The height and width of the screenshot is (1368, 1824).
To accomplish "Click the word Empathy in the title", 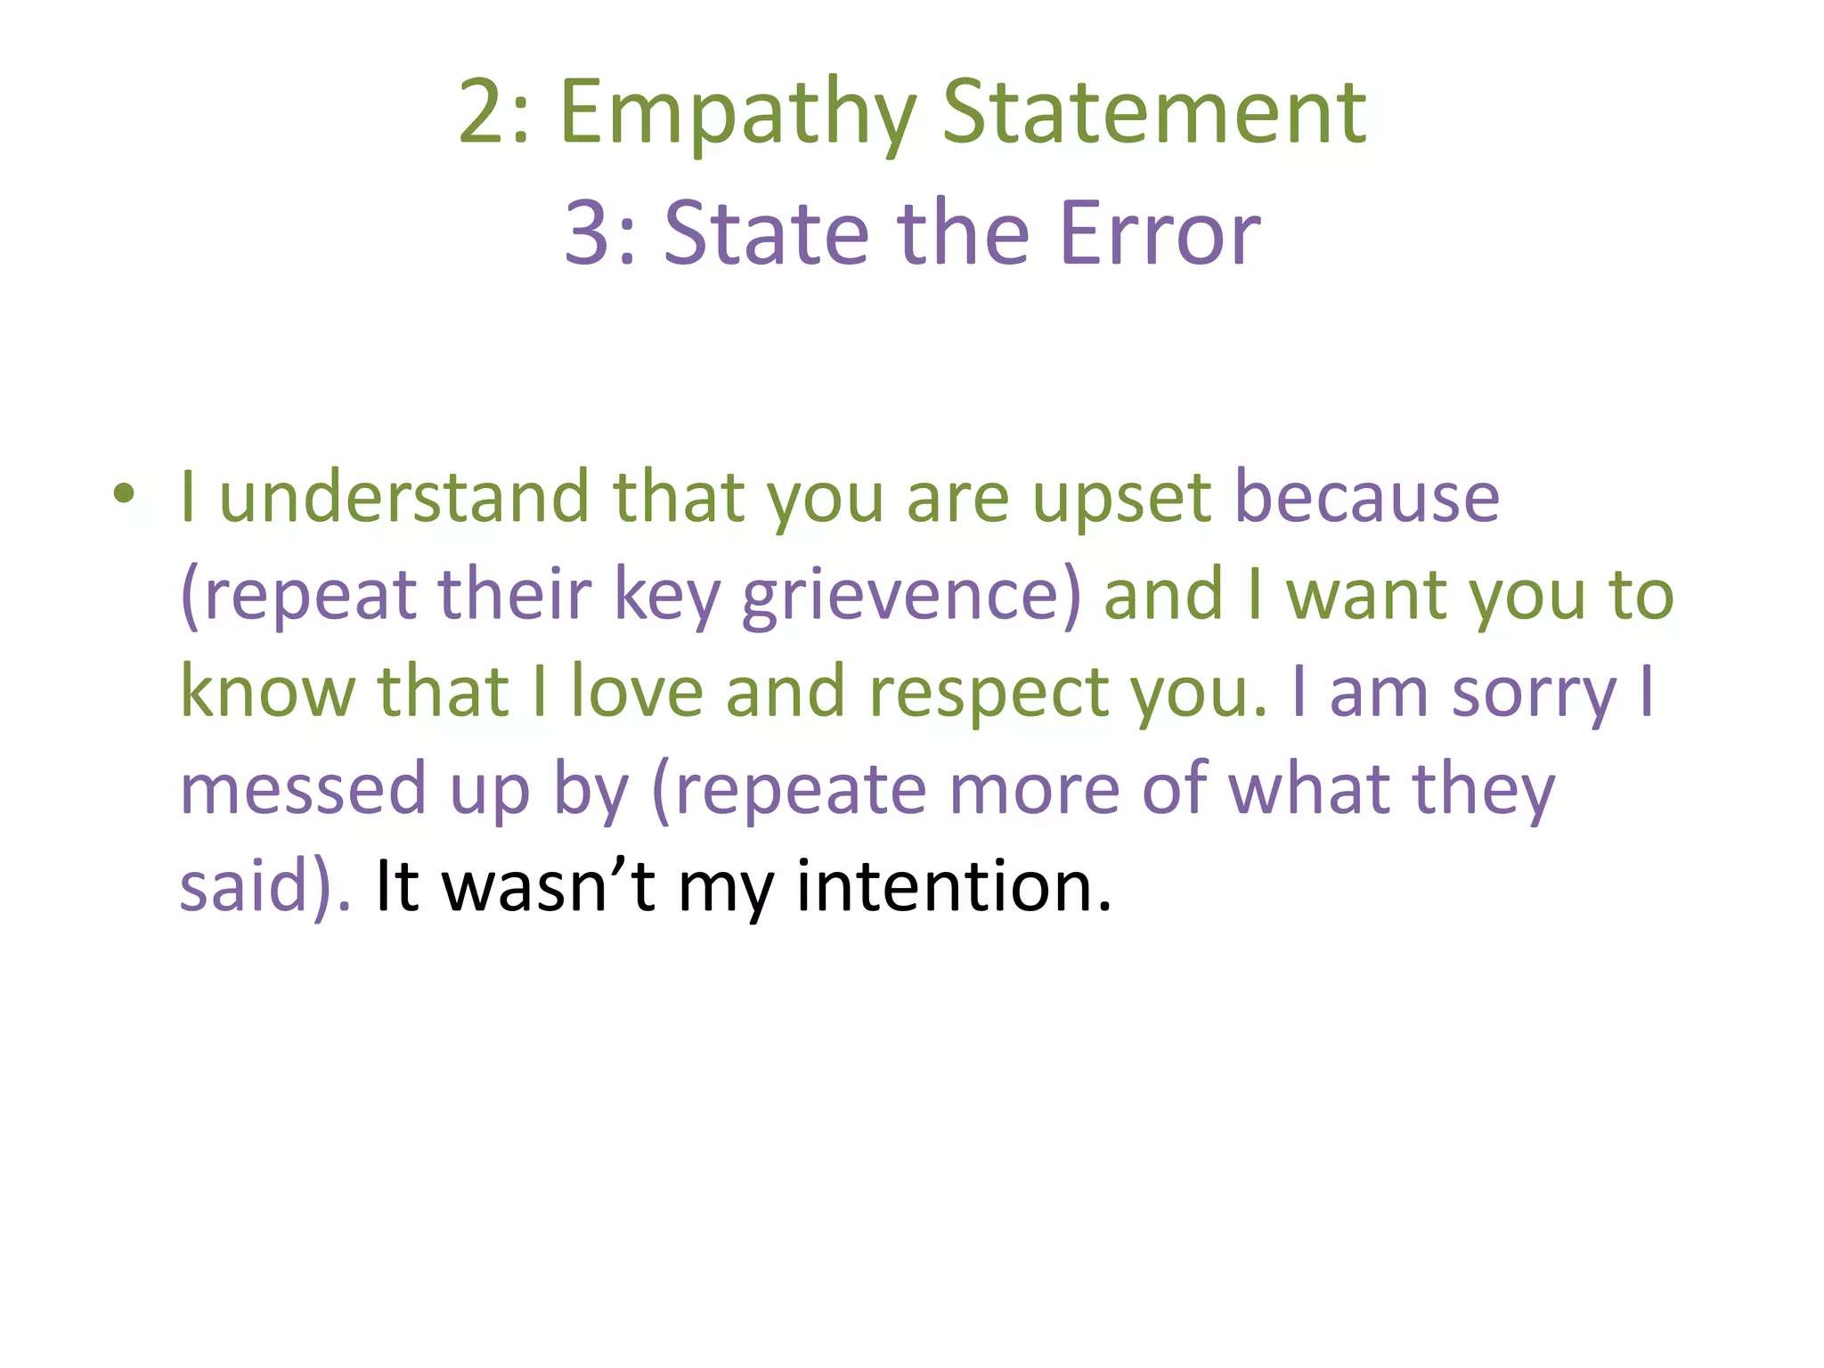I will [737, 114].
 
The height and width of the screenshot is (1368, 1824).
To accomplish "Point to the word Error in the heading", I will [1160, 233].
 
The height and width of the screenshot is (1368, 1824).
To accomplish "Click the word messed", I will [304, 789].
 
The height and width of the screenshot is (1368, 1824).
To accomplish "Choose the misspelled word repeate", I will [801, 791].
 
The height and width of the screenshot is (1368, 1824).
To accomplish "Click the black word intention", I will [953, 886].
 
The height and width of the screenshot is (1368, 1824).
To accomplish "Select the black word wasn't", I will [549, 886].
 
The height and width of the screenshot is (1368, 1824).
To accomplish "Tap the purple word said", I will [243, 886].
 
